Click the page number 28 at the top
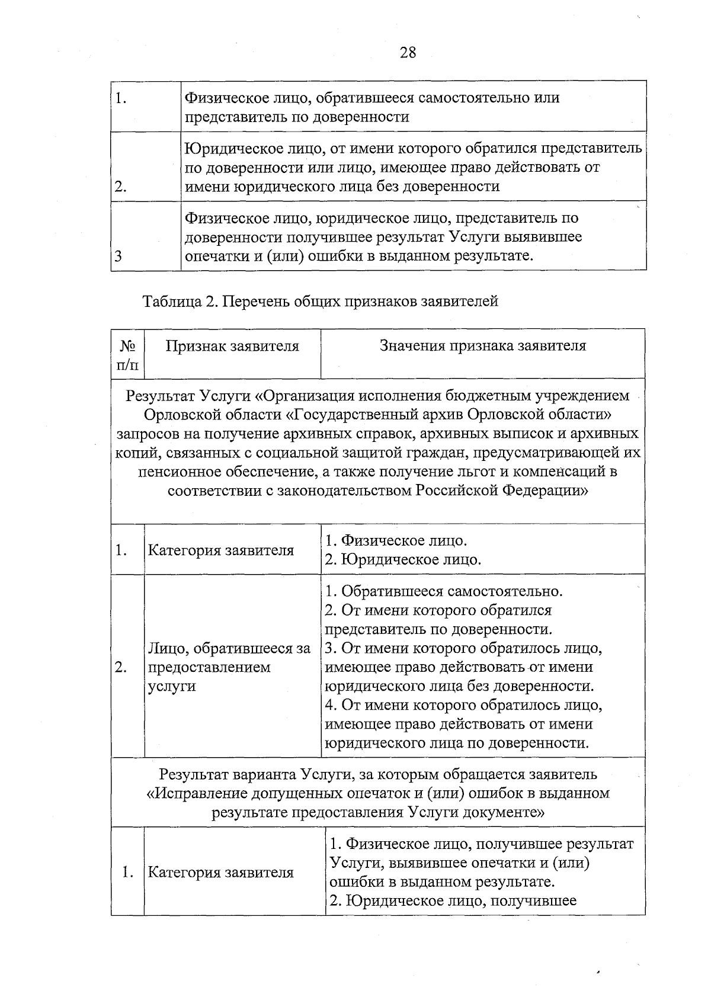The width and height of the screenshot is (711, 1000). tap(408, 53)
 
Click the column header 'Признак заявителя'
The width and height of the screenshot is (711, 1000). tap(232, 346)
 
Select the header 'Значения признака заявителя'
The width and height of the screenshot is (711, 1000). tap(483, 345)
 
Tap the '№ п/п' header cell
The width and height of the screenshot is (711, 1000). tap(128, 354)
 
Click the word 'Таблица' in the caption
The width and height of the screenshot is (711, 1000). tap(171, 301)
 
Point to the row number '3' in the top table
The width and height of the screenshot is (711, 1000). tap(118, 256)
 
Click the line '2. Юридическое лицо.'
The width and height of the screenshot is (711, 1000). tap(403, 559)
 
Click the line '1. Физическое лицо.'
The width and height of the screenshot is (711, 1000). tap(396, 540)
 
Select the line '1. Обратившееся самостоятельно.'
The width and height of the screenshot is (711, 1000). tap(444, 591)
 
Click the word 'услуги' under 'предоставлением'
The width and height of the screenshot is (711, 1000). tap(171, 686)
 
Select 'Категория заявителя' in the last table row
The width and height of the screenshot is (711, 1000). tap(220, 872)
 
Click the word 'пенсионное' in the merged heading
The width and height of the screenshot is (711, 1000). tap(177, 472)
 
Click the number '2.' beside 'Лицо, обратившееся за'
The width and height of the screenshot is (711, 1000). tap(121, 667)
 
